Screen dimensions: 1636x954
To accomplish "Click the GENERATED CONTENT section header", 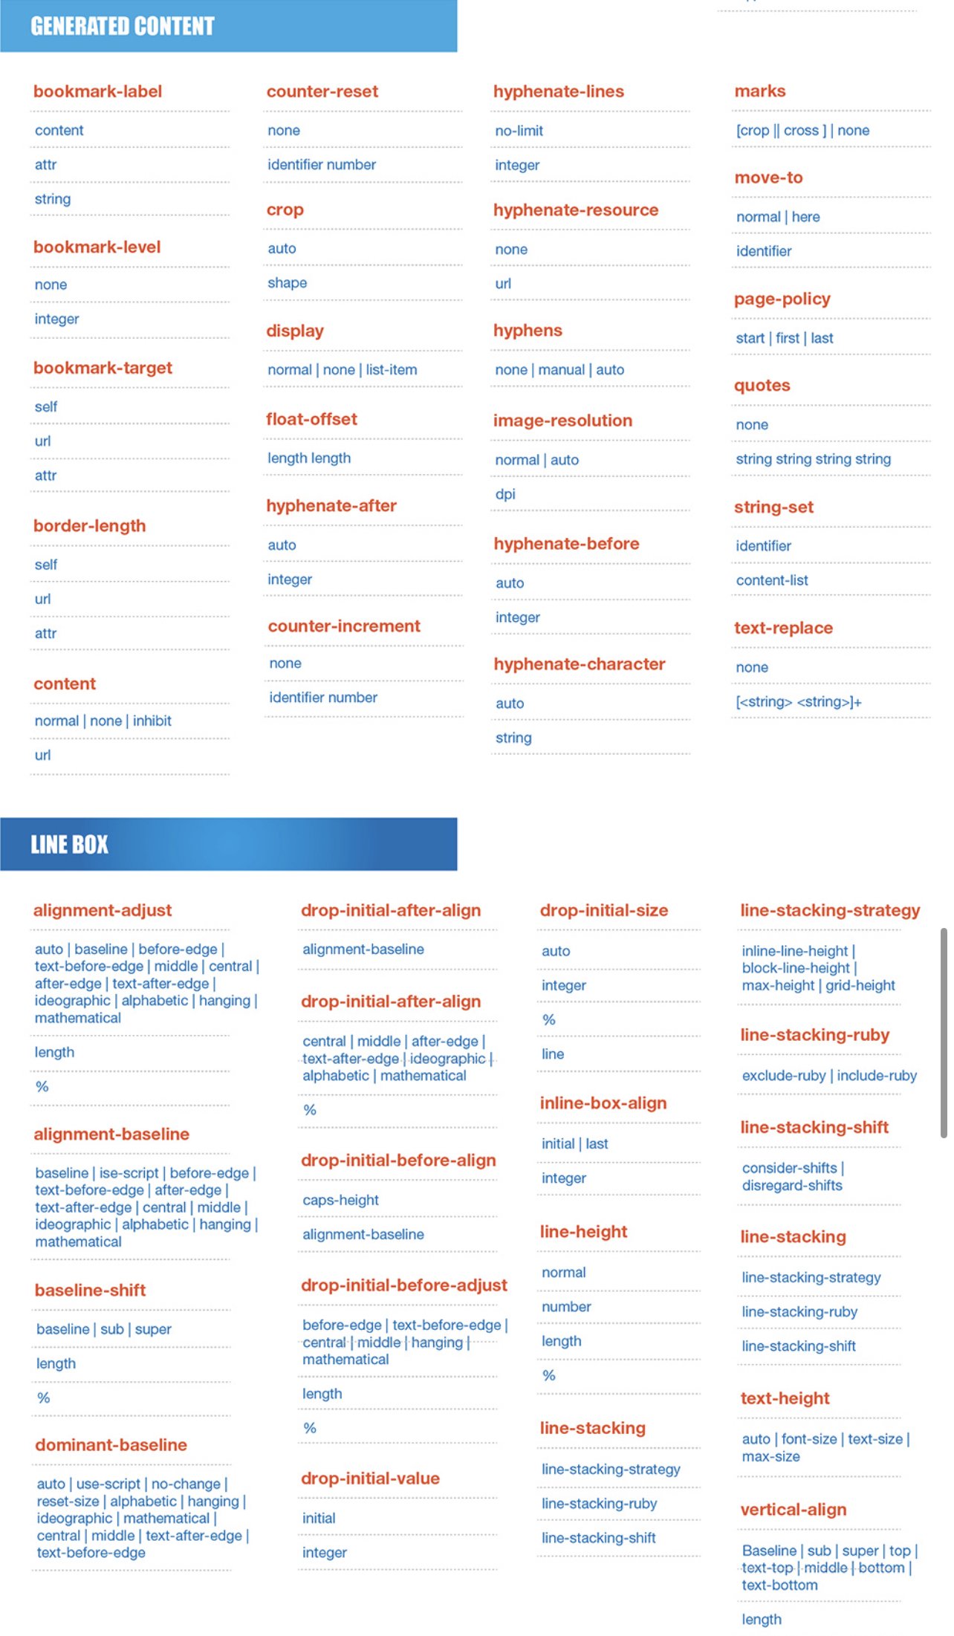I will click(123, 27).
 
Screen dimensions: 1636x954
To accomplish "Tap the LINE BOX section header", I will click(69, 844).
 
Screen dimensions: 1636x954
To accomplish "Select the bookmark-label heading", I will click(97, 91).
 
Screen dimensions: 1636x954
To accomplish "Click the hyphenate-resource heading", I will click(575, 210).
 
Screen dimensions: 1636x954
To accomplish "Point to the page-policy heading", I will click(782, 299).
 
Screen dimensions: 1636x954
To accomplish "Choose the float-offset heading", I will click(311, 419).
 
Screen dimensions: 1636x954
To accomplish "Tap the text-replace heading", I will click(783, 628).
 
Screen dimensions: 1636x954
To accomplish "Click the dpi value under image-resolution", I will click(505, 494).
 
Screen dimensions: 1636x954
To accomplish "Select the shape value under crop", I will click(287, 283).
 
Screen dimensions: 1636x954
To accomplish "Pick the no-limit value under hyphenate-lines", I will click(519, 131).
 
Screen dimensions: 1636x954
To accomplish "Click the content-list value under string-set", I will click(771, 580).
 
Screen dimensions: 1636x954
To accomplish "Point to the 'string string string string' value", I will click(813, 459).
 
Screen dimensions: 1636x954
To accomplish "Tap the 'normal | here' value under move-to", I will click(777, 217).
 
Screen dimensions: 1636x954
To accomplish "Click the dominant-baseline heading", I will click(111, 1444).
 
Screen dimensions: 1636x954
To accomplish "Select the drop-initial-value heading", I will click(370, 1478).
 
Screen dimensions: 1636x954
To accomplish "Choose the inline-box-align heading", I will click(603, 1103).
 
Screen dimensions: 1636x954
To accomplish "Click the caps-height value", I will click(340, 1200).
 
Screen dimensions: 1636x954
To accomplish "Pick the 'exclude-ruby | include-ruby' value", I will click(828, 1076).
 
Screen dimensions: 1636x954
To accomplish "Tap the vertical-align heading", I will click(793, 1510).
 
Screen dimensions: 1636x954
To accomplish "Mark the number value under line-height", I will click(566, 1307).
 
